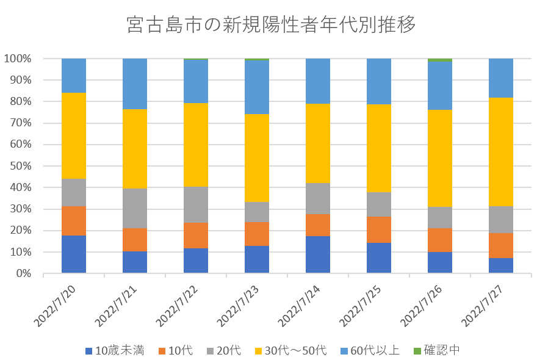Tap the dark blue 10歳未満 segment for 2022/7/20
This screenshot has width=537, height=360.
tap(74, 254)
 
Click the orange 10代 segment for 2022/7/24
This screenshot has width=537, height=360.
tap(318, 225)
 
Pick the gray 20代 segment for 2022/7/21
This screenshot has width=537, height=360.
tap(135, 208)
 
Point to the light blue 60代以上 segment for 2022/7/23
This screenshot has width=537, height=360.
tap(257, 87)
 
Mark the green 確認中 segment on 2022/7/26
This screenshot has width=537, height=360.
tap(440, 60)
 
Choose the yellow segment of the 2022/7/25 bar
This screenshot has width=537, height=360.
tap(379, 148)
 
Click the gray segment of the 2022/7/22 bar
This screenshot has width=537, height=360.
tap(196, 204)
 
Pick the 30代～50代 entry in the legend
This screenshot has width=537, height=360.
tap(289, 350)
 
